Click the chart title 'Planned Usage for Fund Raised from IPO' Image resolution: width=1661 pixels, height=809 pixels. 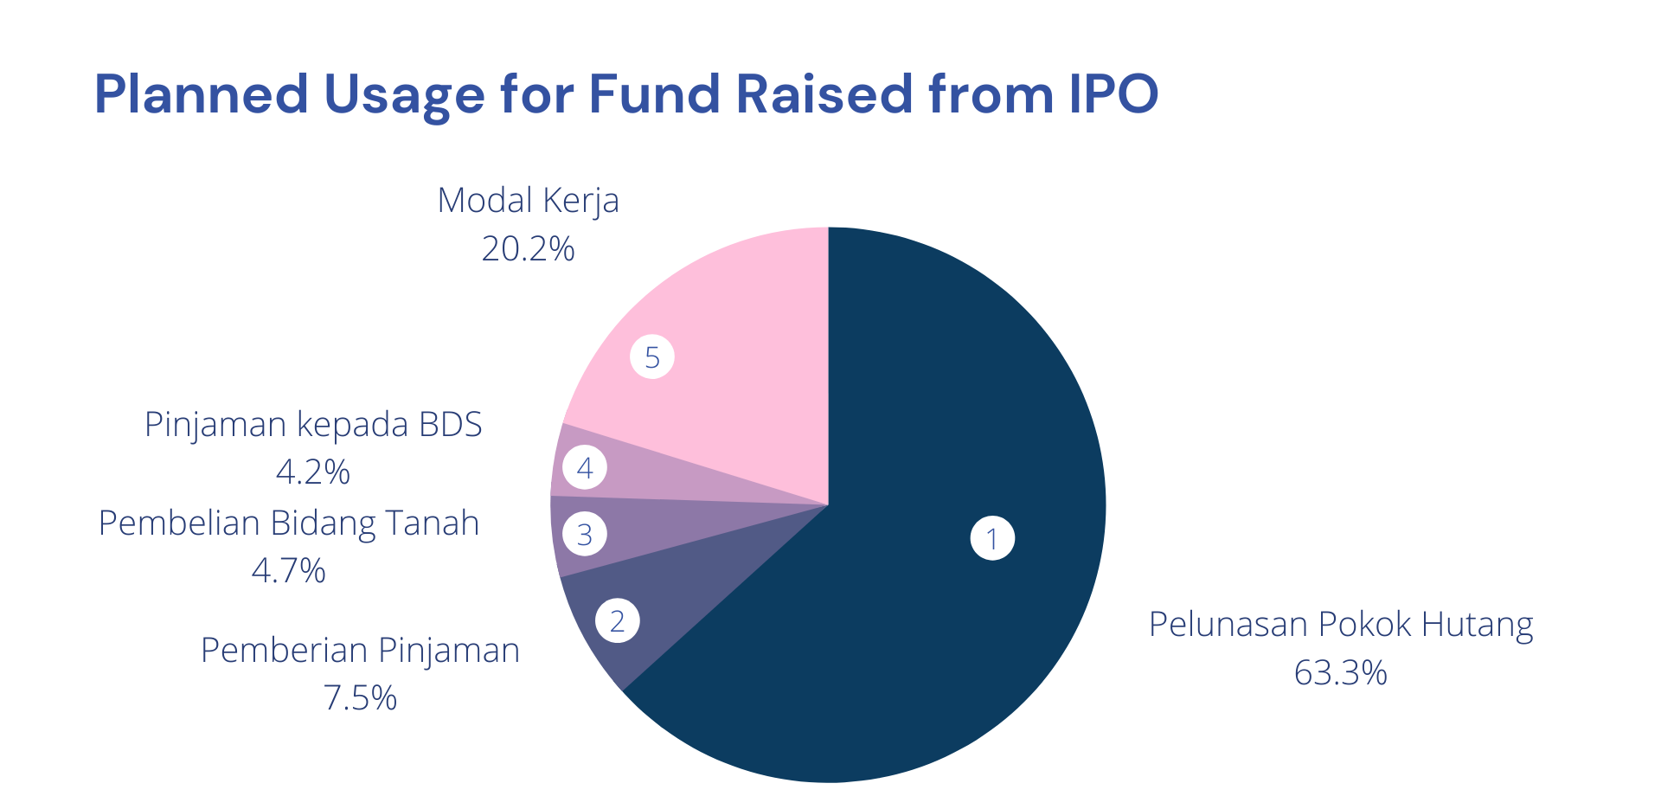tap(625, 94)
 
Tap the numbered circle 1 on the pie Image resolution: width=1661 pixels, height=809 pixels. tap(992, 538)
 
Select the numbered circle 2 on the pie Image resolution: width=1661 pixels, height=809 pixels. tap(617, 620)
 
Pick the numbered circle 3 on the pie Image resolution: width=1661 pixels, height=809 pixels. tap(585, 534)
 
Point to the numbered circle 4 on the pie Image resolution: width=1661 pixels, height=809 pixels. tap(585, 468)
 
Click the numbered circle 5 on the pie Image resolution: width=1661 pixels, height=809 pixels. tap(652, 356)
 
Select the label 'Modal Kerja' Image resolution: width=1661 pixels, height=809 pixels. tap(528, 201)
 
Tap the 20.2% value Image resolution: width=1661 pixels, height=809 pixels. tap(528, 249)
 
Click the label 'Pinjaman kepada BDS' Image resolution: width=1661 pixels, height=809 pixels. tap(312, 425)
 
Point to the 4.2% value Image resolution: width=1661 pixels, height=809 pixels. tap(312, 472)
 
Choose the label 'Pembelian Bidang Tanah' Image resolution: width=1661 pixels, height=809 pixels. tap(288, 523)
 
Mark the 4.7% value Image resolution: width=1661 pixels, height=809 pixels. tap(288, 571)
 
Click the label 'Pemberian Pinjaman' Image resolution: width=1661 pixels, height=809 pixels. tap(360, 651)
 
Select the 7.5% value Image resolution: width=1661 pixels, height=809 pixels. tap(360, 698)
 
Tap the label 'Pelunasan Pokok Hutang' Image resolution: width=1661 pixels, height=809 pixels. tap(1340, 625)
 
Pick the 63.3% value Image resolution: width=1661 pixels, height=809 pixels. tap(1340, 673)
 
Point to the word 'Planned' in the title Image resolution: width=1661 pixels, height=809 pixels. tap(201, 94)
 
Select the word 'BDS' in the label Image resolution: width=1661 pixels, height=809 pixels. tap(450, 425)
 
